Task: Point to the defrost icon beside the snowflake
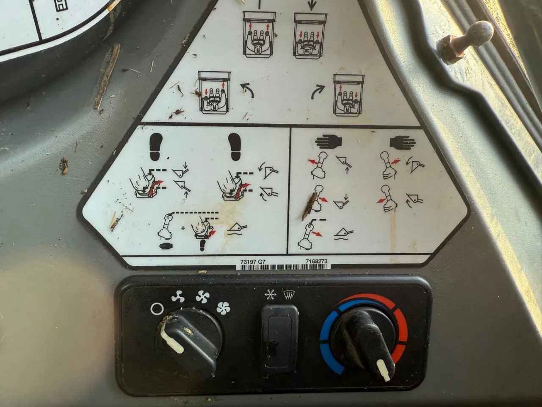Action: click(289, 295)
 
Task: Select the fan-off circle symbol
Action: click(157, 309)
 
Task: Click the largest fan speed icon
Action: click(223, 308)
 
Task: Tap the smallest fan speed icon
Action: click(178, 296)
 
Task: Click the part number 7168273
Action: click(317, 261)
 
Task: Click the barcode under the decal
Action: click(283, 267)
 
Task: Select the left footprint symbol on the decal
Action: click(156, 146)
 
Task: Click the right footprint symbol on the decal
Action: click(235, 147)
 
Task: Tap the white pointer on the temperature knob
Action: click(384, 370)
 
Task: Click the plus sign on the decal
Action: click(183, 228)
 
